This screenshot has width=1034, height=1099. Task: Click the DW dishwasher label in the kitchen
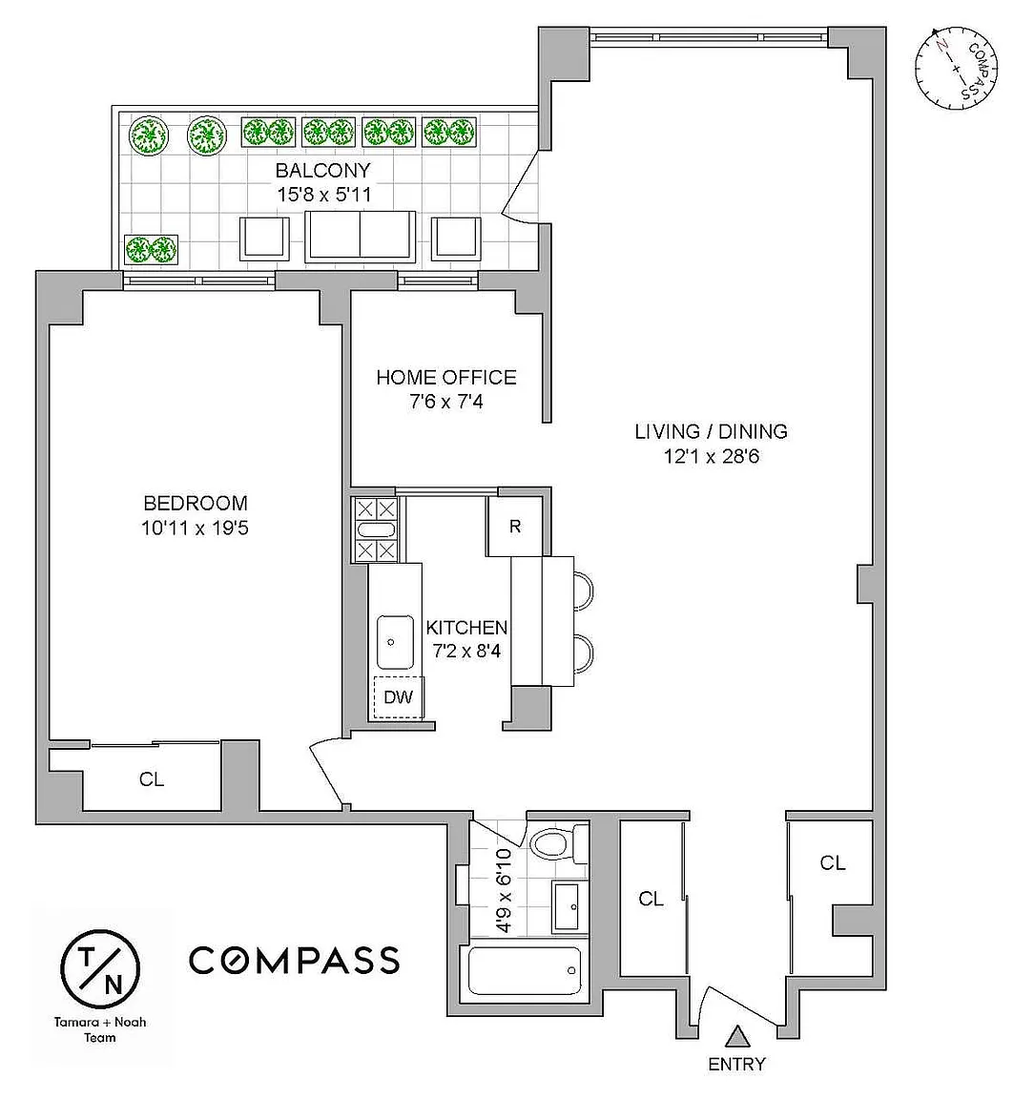(x=398, y=696)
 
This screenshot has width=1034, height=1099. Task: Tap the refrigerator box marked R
(x=514, y=527)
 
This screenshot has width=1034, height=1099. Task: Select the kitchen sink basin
(x=395, y=642)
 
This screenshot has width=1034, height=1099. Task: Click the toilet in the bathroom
(x=559, y=842)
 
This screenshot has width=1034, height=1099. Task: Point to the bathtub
(x=525, y=971)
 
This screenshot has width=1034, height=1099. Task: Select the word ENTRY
(x=736, y=1065)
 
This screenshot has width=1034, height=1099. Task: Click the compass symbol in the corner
(x=956, y=69)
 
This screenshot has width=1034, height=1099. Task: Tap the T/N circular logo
(x=100, y=968)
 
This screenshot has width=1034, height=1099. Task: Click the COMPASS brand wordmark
(x=295, y=961)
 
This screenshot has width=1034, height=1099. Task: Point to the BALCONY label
(x=322, y=171)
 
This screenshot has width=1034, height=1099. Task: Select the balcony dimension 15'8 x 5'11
(x=323, y=195)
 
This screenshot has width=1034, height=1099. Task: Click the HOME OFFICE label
(x=446, y=377)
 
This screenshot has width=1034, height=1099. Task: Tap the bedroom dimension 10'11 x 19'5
(x=195, y=528)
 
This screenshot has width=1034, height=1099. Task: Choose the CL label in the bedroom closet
(x=152, y=779)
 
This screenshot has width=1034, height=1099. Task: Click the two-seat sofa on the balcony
(x=361, y=237)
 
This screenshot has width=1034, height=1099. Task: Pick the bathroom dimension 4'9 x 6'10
(x=504, y=890)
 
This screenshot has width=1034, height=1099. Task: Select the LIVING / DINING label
(x=711, y=431)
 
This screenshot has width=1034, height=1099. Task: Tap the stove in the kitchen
(x=376, y=529)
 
